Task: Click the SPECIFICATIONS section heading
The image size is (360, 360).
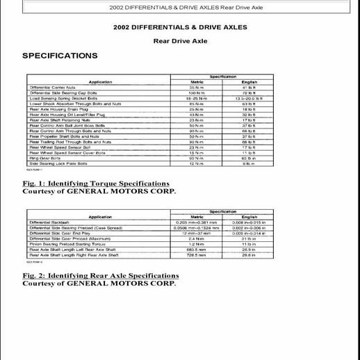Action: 60,55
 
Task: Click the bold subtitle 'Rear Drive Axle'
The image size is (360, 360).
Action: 179,40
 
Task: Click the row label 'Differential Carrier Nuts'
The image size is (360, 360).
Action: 51,87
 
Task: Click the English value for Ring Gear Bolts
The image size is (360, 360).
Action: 245,158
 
